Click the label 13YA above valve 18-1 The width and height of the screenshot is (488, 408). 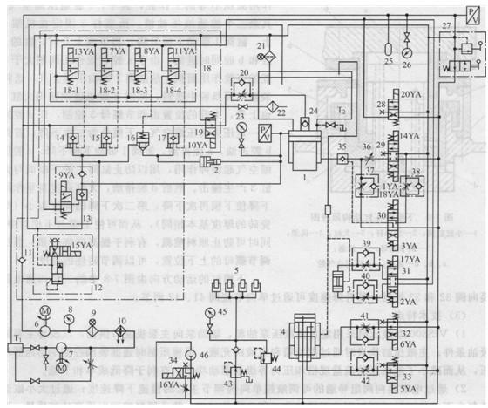tap(84, 52)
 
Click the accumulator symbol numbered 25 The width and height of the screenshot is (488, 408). tap(388, 44)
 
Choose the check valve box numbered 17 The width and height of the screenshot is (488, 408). tap(167, 138)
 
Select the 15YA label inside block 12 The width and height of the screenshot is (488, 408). tap(80, 246)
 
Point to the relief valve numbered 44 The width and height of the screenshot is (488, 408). tap(263, 356)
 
